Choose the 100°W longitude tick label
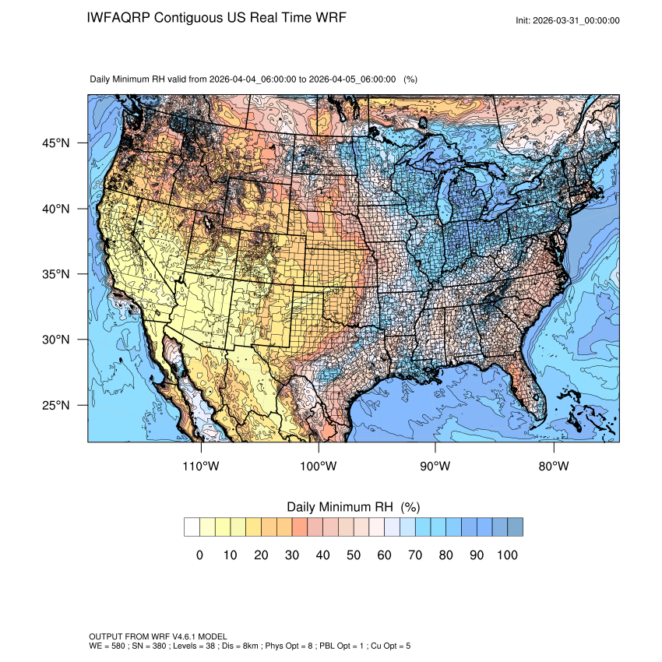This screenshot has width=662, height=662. pyautogui.click(x=319, y=467)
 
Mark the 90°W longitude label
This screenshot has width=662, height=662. pyautogui.click(x=435, y=467)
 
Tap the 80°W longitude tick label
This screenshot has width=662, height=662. pyautogui.click(x=553, y=467)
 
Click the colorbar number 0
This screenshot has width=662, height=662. pyautogui.click(x=199, y=555)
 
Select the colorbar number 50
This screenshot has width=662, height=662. pyautogui.click(x=353, y=555)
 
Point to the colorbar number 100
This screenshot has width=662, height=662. pyautogui.click(x=506, y=555)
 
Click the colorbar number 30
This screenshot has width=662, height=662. pyautogui.click(x=291, y=555)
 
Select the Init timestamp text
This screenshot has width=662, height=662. pyautogui.click(x=568, y=20)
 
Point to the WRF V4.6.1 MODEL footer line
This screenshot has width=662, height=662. pyautogui.click(x=156, y=636)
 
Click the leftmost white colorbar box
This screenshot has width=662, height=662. pyautogui.click(x=192, y=527)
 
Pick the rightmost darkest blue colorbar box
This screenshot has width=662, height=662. pyautogui.click(x=515, y=527)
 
